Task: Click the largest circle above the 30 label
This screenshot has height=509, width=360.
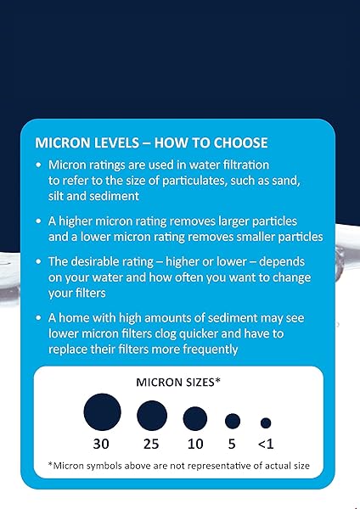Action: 102,413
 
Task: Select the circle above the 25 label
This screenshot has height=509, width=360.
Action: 151,416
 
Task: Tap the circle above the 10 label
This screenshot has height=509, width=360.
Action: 195,417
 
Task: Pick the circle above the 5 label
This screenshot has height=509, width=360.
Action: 232,420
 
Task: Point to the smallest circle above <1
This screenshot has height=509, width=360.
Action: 266,422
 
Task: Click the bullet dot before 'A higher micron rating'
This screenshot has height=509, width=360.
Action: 40,221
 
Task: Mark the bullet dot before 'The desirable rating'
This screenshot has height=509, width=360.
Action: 40,261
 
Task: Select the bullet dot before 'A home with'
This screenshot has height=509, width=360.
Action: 40,317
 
